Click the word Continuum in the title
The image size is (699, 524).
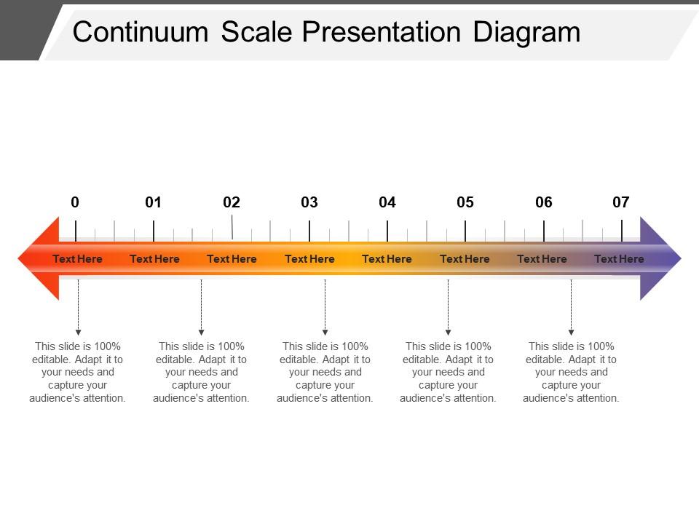(141, 32)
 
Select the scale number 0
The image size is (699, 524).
(75, 202)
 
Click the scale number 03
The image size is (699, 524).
(309, 202)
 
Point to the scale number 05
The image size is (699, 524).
(465, 202)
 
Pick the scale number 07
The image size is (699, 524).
(620, 202)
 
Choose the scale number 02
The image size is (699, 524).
(232, 202)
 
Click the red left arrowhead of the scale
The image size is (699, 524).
(39, 258)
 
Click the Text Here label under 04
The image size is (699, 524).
(387, 259)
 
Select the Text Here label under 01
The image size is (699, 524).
(154, 259)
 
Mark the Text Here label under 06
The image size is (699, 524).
(542, 259)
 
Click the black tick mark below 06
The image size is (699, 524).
(544, 231)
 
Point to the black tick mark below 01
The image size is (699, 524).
(154, 231)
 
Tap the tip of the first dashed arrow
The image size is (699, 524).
(79, 335)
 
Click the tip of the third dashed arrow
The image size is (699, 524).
(325, 335)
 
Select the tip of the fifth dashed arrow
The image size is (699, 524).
(572, 335)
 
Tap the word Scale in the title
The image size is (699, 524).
(256, 32)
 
